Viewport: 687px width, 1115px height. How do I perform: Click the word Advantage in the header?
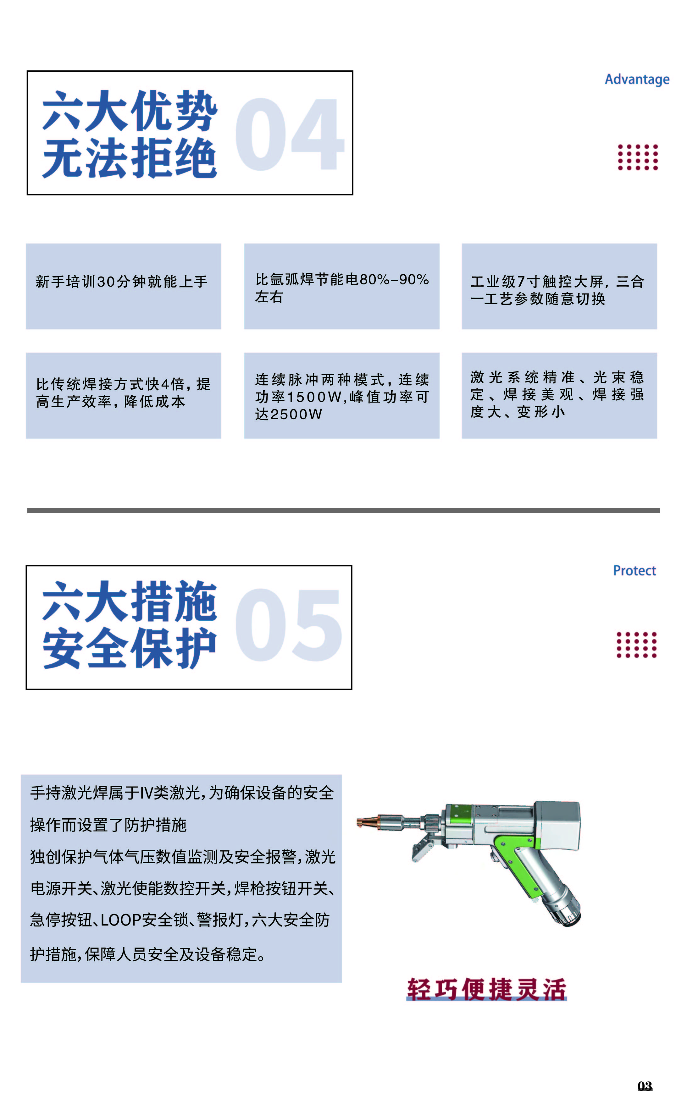click(x=637, y=80)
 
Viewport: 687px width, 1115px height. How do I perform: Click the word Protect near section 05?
click(x=634, y=570)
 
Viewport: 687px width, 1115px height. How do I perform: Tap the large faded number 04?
click(x=289, y=135)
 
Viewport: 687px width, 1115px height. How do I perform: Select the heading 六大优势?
click(x=130, y=110)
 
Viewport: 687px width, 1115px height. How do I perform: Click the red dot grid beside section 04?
click(x=637, y=157)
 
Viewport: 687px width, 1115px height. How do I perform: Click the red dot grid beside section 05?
click(x=636, y=645)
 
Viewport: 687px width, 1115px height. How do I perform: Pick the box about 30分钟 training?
click(x=123, y=286)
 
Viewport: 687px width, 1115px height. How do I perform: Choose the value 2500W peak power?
click(x=295, y=414)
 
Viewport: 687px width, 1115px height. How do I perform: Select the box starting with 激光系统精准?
click(x=559, y=395)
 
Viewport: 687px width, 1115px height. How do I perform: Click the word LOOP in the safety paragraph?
click(x=121, y=920)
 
